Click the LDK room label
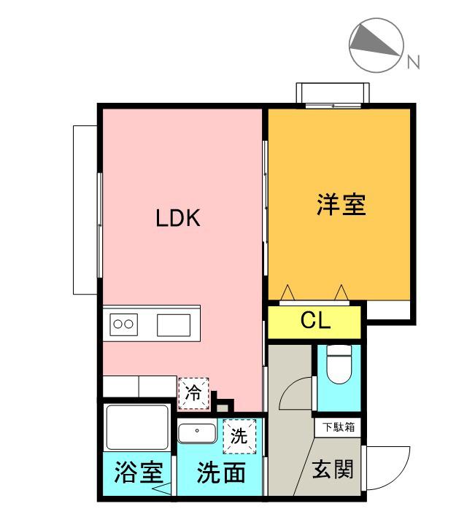178,218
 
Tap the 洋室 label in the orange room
341,205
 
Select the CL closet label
315,321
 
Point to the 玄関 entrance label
333,470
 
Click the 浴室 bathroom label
138,473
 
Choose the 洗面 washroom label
221,473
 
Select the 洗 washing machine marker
239,436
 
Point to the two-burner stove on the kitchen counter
124,324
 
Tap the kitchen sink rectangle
173,324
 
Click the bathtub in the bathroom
138,428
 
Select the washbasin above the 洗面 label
196,432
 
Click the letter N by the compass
414,63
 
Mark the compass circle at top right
377,45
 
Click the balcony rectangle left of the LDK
86,209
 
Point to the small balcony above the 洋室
333,94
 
